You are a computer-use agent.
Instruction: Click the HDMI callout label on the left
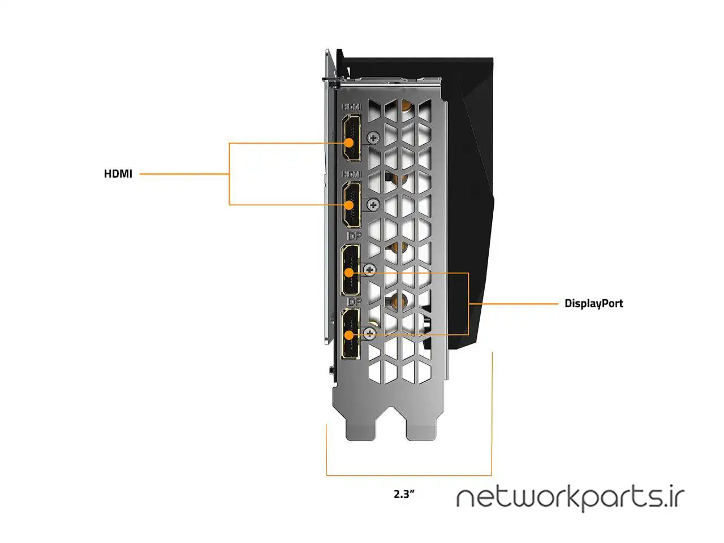pyautogui.click(x=118, y=174)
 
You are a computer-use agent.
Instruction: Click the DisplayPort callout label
pyautogui.click(x=593, y=304)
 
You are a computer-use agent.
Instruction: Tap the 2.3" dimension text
pyautogui.click(x=404, y=494)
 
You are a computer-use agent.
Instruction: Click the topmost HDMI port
pyautogui.click(x=351, y=137)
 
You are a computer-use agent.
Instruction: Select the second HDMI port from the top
pyautogui.click(x=351, y=204)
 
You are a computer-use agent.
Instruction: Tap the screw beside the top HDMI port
pyautogui.click(x=373, y=137)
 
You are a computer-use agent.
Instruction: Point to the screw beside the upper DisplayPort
pyautogui.click(x=369, y=270)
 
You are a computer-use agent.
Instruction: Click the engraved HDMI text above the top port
pyautogui.click(x=351, y=106)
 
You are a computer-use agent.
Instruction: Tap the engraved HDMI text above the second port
pyautogui.click(x=351, y=174)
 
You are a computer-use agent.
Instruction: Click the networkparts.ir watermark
pyautogui.click(x=570, y=498)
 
